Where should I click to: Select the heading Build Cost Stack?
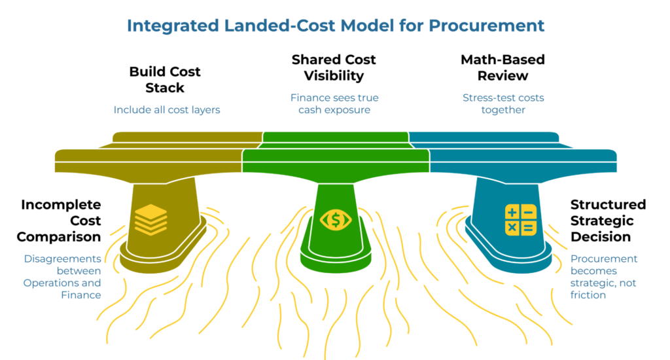click(x=165, y=80)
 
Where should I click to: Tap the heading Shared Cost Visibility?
click(x=334, y=67)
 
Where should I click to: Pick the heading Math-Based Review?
click(x=502, y=67)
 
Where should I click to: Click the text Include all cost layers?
click(x=167, y=109)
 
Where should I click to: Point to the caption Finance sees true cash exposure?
click(x=334, y=103)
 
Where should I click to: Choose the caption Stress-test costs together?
click(x=502, y=103)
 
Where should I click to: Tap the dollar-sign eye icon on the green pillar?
click(x=335, y=220)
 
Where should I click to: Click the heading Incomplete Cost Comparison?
click(x=60, y=221)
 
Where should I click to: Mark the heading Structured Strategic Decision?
click(x=608, y=221)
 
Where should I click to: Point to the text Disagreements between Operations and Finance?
click(x=63, y=277)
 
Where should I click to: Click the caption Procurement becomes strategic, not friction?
click(x=603, y=277)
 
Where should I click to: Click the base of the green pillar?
click(x=335, y=255)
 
